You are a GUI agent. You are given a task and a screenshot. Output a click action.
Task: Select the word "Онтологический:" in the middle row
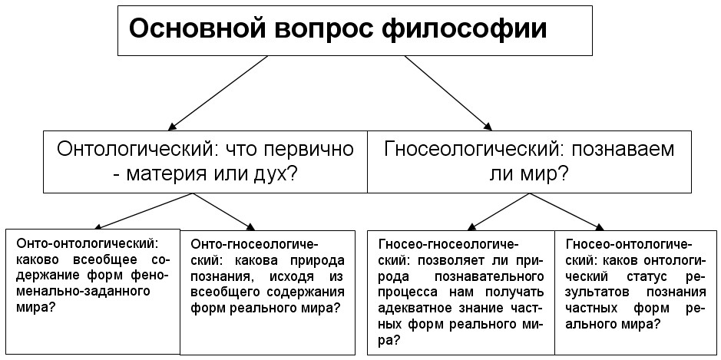[134, 150]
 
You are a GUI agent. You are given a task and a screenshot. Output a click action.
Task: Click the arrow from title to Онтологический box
[218, 92]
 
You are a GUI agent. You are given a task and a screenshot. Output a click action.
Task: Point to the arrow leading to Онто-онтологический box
[145, 211]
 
